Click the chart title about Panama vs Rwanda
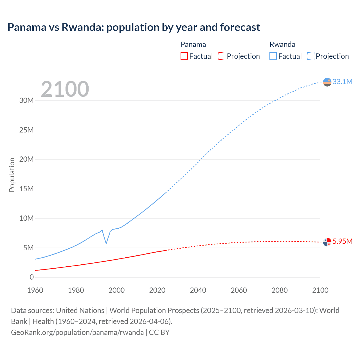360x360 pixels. coord(134,27)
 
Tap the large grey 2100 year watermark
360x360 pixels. coord(65,89)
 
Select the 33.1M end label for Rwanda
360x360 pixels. coord(342,82)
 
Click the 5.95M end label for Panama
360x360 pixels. coord(342,241)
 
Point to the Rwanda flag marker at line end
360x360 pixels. coord(327,82)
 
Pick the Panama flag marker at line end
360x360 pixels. coord(327,242)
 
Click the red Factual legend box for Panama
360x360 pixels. coord(184,56)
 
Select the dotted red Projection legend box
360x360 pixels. coord(222,56)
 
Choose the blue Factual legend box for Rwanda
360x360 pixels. coord(273,56)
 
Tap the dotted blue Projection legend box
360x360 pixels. coord(311,56)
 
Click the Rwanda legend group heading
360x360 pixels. coord(282,44)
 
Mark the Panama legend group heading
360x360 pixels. coord(193,44)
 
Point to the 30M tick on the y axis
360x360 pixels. coord(26,100)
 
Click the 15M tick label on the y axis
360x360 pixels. coord(26,189)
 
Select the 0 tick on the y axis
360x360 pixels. coord(31,277)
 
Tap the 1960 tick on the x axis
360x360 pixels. coord(35,290)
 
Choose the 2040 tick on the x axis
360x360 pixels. coord(198,290)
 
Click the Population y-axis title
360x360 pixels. coord(12,175)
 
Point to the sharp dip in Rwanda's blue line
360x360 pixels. coord(106,243)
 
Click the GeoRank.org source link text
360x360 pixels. coord(77,332)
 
